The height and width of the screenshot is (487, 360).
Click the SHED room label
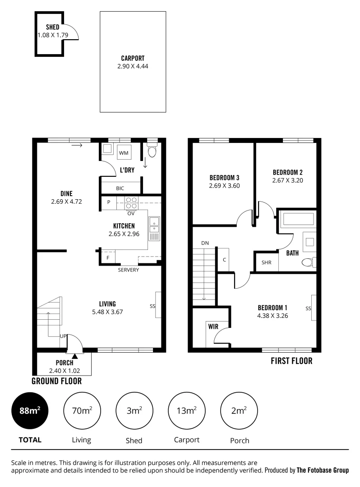(x=53, y=27)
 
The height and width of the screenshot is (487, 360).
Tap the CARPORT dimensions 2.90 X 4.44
(x=132, y=66)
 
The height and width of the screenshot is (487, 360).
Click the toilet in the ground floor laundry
(x=152, y=152)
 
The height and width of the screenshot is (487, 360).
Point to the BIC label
(x=120, y=188)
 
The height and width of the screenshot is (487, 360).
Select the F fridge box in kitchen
(x=108, y=257)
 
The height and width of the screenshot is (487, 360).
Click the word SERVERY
(x=129, y=270)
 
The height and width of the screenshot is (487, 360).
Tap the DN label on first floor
(x=205, y=243)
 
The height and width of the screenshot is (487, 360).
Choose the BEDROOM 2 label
(x=287, y=172)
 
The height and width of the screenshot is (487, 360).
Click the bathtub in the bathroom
(x=297, y=220)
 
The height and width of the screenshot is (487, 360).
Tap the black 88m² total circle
(x=30, y=410)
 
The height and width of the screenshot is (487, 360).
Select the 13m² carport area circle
(x=187, y=410)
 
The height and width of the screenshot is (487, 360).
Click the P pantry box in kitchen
(x=109, y=202)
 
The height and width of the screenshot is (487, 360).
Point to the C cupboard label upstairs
(x=224, y=260)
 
